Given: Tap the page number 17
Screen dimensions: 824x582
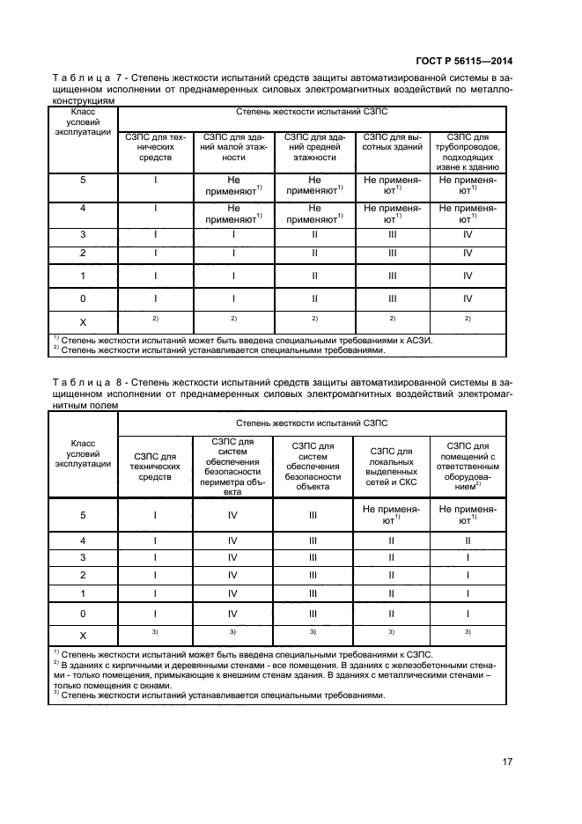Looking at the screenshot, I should (x=507, y=761).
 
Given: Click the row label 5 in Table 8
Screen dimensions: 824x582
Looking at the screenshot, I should (x=83, y=516).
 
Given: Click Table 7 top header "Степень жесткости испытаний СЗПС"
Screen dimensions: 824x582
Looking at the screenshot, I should (x=312, y=114).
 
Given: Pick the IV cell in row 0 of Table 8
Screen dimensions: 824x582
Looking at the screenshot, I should (x=233, y=613).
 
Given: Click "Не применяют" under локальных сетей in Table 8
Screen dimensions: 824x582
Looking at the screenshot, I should (x=392, y=515).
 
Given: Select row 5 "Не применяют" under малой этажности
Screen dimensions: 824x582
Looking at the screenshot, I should (x=233, y=183).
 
